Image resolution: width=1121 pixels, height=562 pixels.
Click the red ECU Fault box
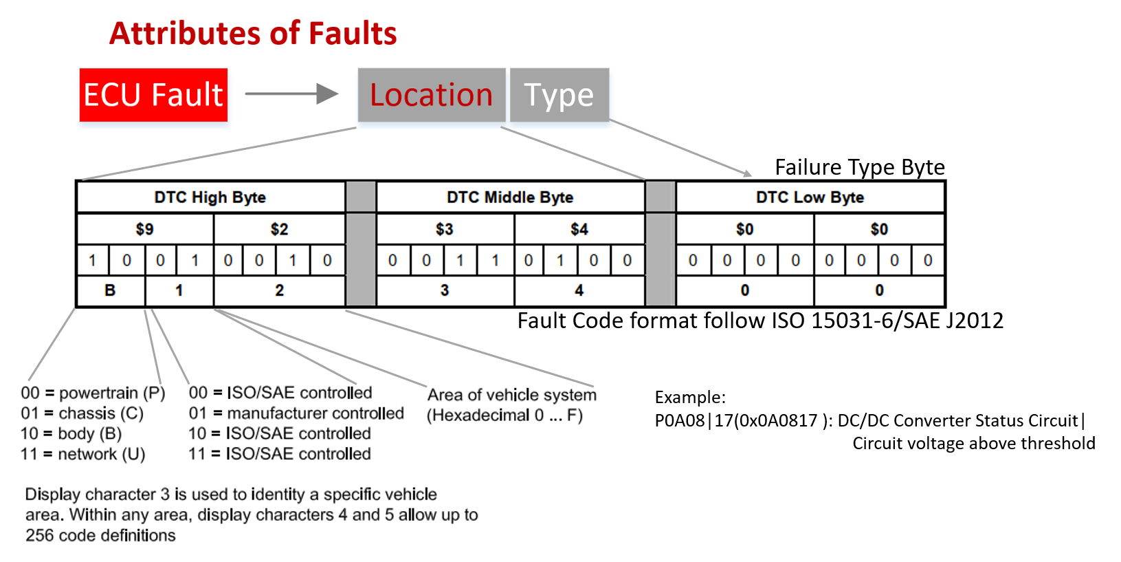tap(153, 95)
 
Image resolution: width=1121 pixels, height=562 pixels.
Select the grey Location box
tap(432, 95)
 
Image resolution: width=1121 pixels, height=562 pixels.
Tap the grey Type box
tap(559, 95)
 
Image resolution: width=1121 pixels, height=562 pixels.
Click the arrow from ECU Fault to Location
tap(291, 94)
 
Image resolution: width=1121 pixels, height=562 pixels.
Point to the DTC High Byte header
tap(210, 197)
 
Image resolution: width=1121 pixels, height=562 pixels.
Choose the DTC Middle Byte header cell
tap(510, 197)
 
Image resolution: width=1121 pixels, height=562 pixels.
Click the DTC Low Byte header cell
tap(810, 197)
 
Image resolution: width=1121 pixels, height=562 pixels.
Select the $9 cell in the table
tap(144, 229)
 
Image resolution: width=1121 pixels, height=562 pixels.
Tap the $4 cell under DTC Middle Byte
tap(579, 229)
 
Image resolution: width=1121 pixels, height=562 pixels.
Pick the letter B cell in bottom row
tap(110, 290)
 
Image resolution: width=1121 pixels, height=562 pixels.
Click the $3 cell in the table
tap(445, 229)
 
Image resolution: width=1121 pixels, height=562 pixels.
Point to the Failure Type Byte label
tap(859, 167)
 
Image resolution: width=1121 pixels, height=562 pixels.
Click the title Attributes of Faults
tap(253, 33)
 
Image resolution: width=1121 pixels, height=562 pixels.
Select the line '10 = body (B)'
tap(71, 433)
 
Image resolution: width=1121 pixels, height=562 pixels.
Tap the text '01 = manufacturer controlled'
tap(296, 413)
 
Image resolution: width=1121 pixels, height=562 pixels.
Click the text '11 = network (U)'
tap(83, 454)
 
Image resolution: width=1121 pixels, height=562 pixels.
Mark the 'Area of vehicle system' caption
tap(511, 395)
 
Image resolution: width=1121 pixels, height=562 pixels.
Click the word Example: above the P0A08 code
tap(690, 397)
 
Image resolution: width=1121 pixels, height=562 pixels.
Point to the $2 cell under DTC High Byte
tap(279, 229)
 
